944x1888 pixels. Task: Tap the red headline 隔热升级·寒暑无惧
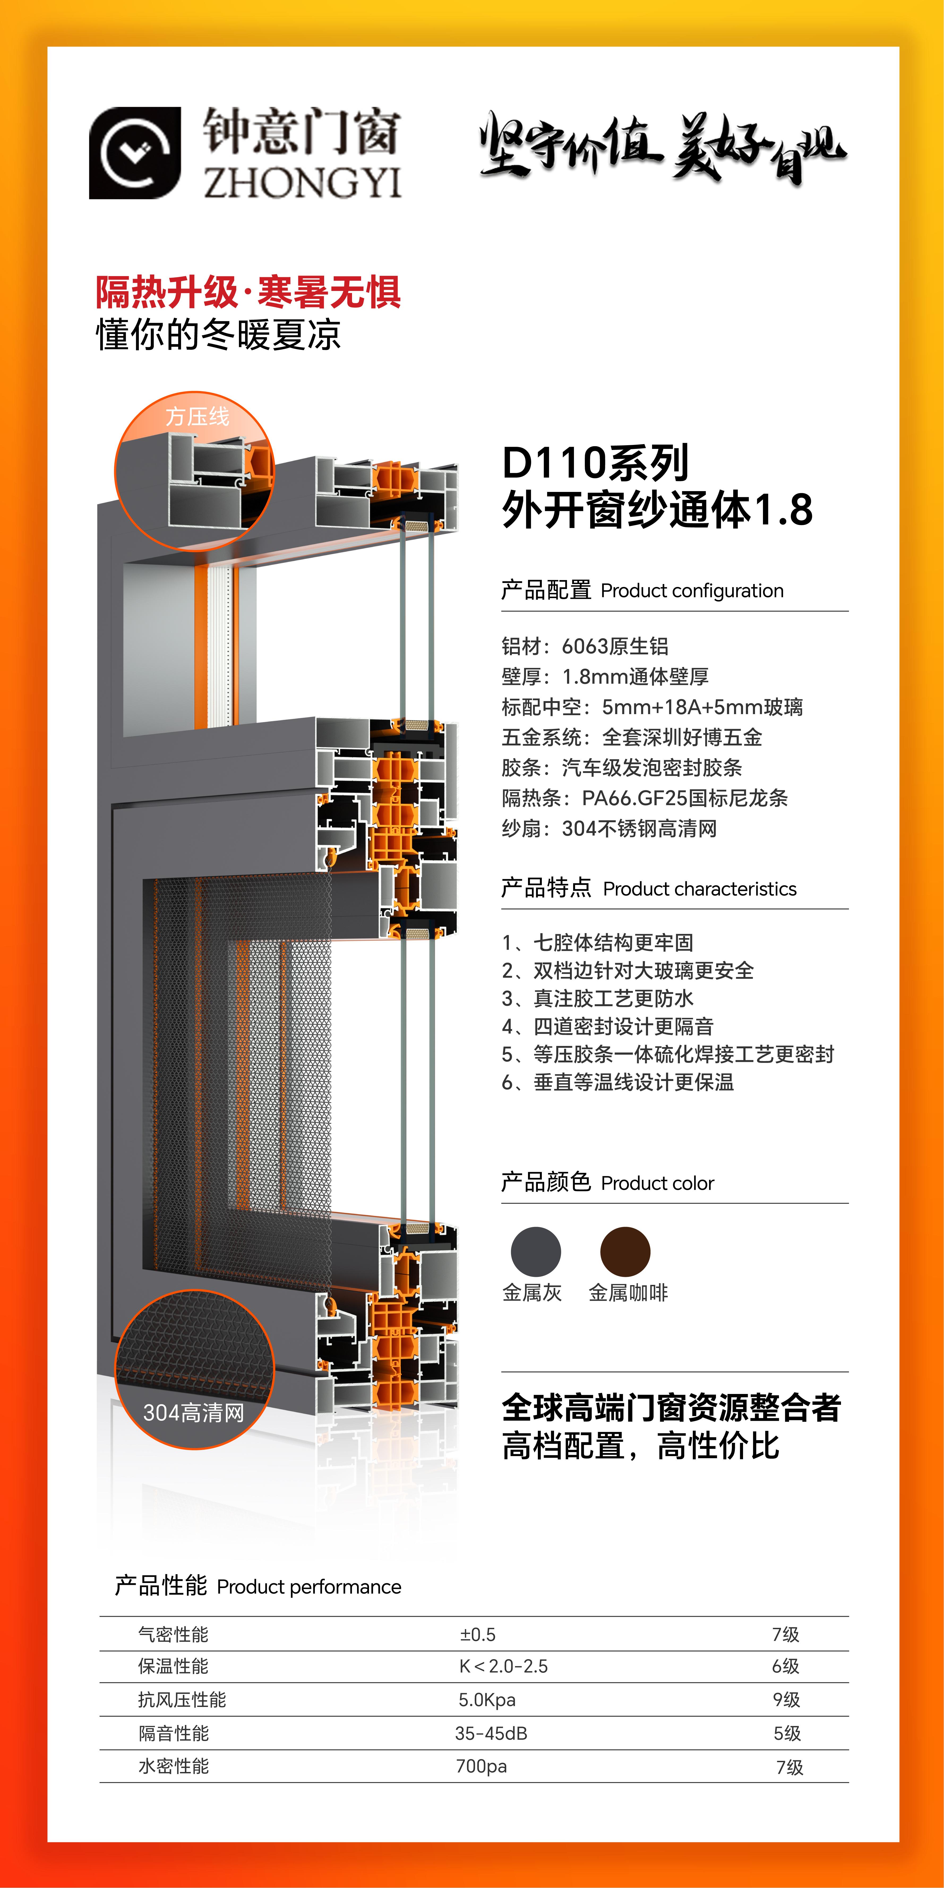pyautogui.click(x=248, y=292)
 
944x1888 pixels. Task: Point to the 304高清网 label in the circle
pyautogui.click(x=194, y=1412)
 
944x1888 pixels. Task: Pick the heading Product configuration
pyautogui.click(x=692, y=591)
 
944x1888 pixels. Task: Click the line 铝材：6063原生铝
pyautogui.click(x=585, y=646)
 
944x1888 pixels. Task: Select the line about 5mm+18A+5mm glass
pyautogui.click(x=652, y=706)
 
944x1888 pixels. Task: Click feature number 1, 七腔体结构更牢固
pyautogui.click(x=597, y=942)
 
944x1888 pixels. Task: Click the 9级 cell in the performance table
pyautogui.click(x=786, y=1700)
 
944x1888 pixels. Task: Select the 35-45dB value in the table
pyautogui.click(x=491, y=1733)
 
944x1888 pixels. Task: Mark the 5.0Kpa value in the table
pyautogui.click(x=487, y=1700)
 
